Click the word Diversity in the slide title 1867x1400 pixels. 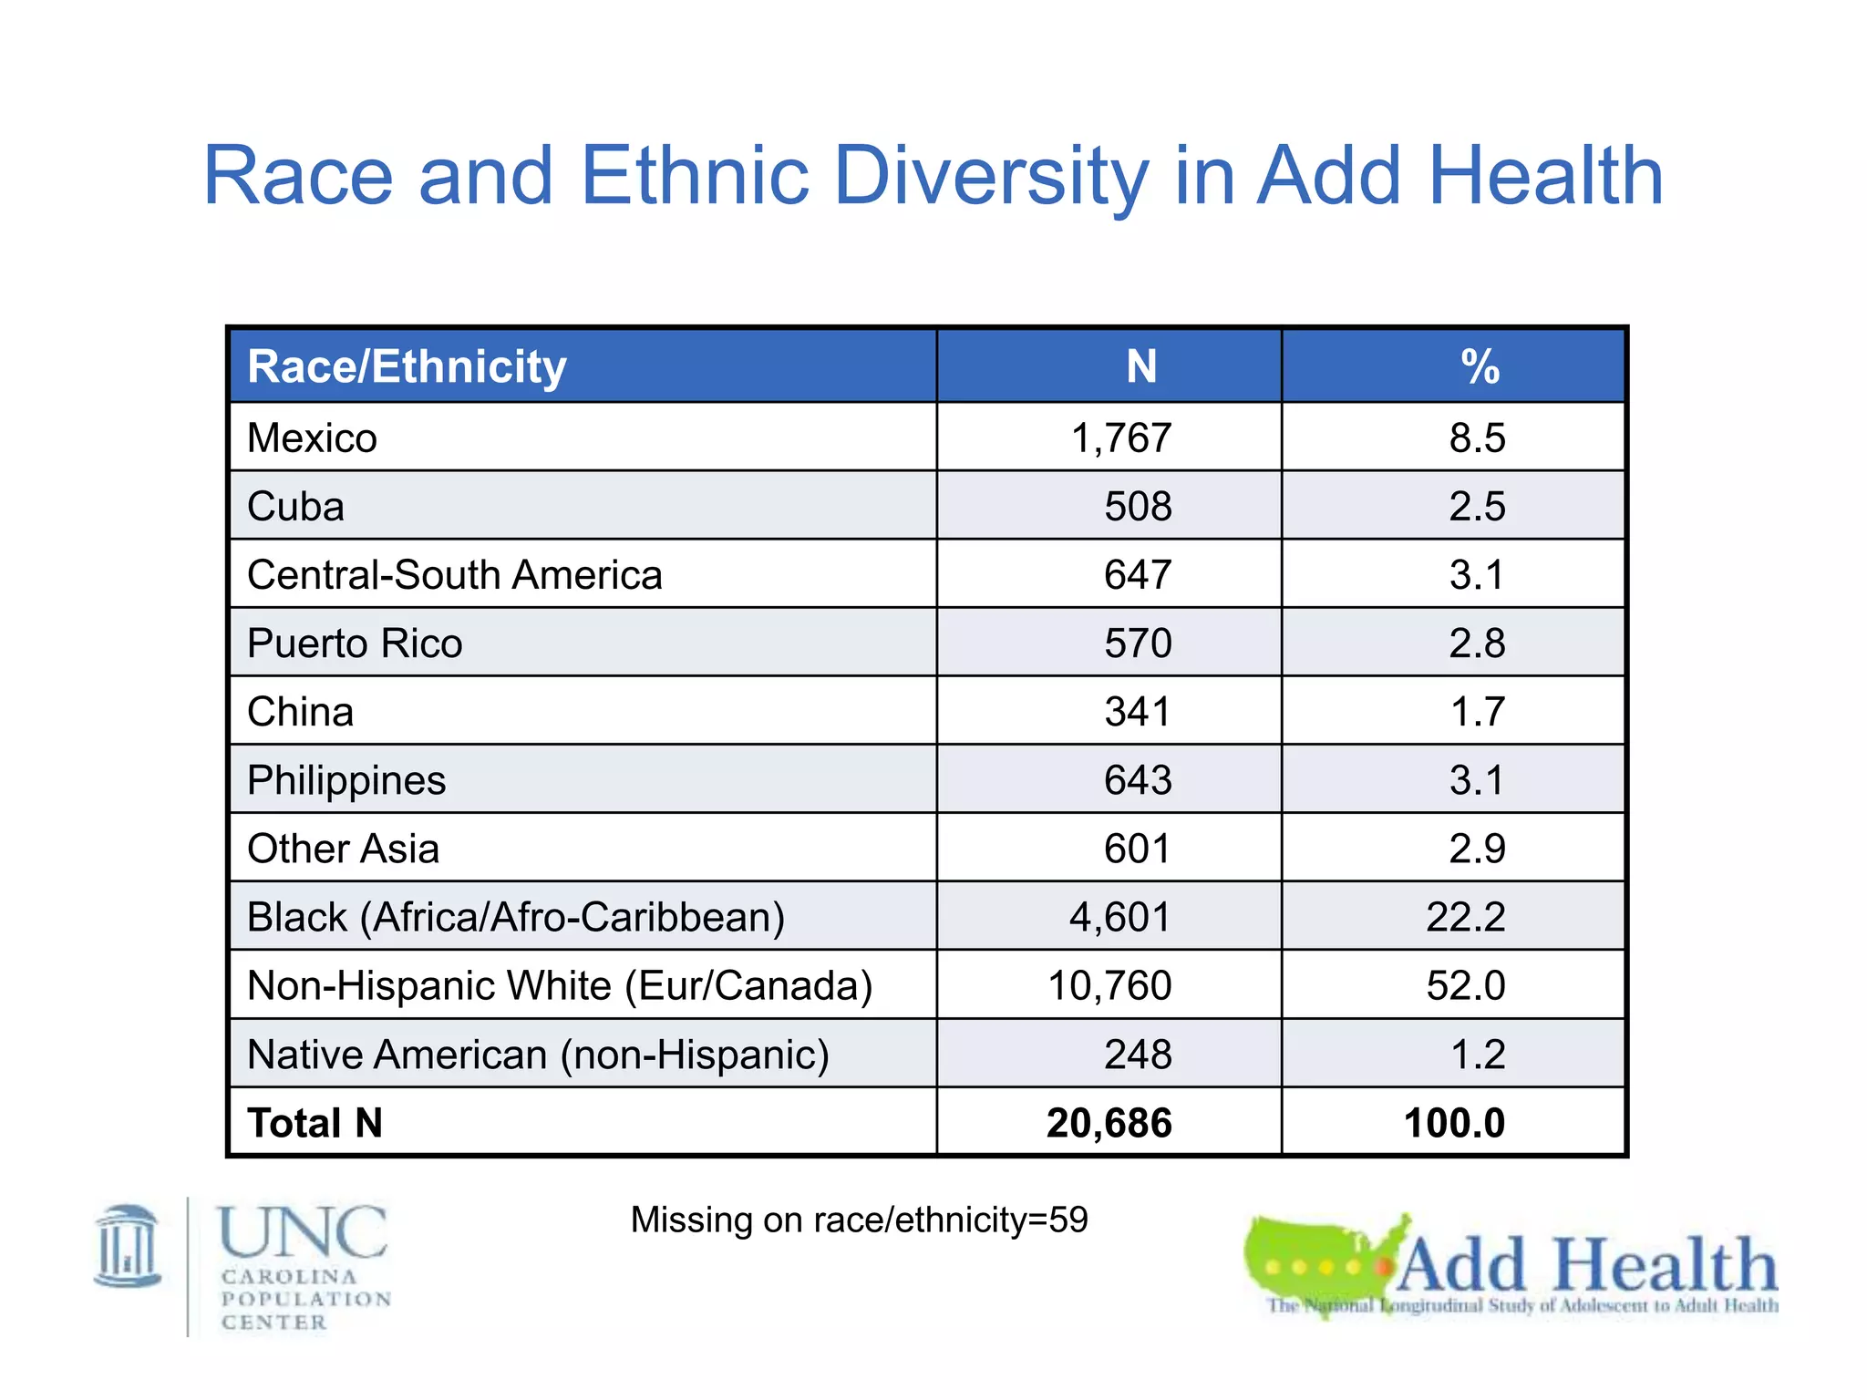click(991, 178)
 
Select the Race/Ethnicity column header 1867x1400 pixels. click(407, 367)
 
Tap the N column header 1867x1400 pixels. click(1140, 367)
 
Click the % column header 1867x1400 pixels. click(1479, 367)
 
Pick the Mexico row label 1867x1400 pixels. click(312, 438)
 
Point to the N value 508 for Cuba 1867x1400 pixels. click(1138, 507)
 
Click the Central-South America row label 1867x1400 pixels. click(454, 575)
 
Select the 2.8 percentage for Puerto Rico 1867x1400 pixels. click(1477, 643)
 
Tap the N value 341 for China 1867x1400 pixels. click(1138, 712)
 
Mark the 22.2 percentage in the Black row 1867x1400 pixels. click(1465, 917)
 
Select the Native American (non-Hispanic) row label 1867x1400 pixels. click(538, 1055)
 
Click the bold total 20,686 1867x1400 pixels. click(1109, 1123)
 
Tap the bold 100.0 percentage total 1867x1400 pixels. click(1454, 1123)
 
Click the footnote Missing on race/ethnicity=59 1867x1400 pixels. click(859, 1220)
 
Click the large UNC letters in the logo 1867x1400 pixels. click(303, 1232)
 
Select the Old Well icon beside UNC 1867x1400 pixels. click(128, 1247)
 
